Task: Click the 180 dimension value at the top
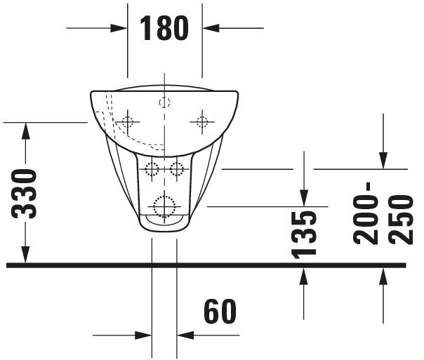pyautogui.click(x=164, y=28)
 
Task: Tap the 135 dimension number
pyautogui.click(x=304, y=233)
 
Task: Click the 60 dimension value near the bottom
pyautogui.click(x=220, y=312)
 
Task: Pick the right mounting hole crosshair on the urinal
pyautogui.click(x=201, y=122)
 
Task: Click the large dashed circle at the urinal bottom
pyautogui.click(x=164, y=206)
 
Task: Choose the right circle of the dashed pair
pyautogui.click(x=176, y=169)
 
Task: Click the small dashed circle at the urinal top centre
pyautogui.click(x=164, y=102)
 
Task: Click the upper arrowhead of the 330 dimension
pyautogui.click(x=25, y=131)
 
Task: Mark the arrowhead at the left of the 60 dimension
pyautogui.click(x=143, y=335)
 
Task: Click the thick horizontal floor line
pyautogui.click(x=211, y=265)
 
